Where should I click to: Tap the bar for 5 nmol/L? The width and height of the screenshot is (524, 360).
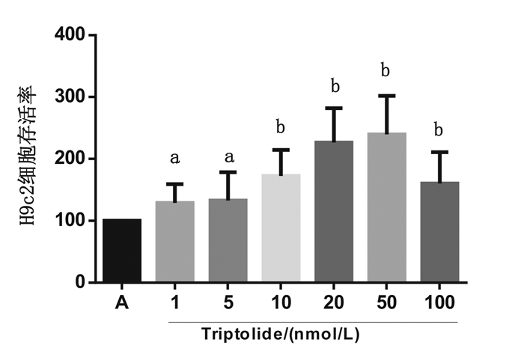228,240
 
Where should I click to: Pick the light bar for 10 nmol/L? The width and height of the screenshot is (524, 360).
281,228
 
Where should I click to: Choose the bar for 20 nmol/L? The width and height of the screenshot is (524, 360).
333,212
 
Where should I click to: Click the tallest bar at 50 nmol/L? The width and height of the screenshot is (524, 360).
386,207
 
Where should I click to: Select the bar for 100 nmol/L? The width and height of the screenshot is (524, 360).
439,232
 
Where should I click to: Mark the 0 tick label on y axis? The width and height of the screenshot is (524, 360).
78,283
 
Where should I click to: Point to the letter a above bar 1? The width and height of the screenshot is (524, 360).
174,158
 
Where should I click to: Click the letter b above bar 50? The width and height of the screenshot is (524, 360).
386,71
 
